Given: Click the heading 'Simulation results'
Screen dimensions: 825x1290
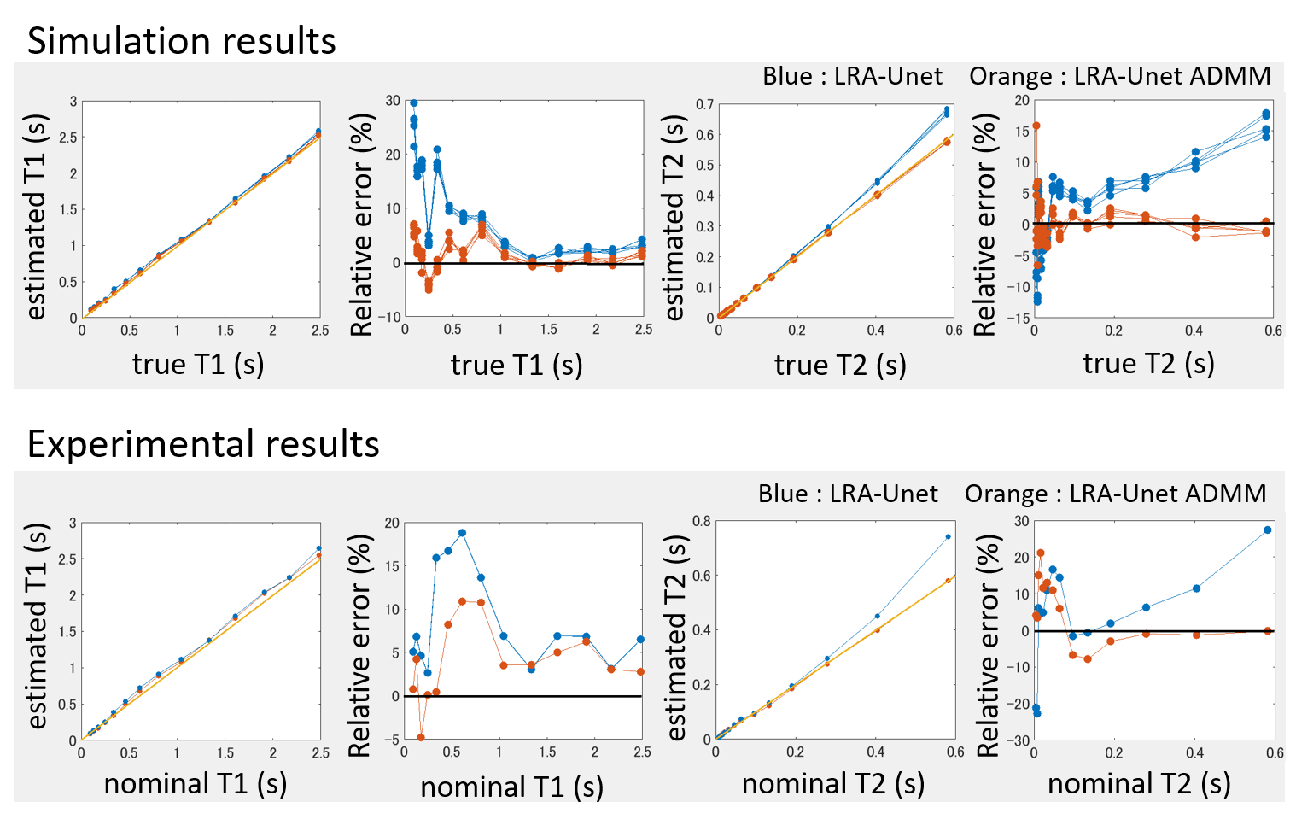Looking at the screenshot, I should click(182, 41).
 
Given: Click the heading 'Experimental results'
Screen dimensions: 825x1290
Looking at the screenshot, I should click(203, 444).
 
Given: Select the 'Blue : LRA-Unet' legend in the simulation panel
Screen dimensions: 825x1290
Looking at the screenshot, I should click(852, 76).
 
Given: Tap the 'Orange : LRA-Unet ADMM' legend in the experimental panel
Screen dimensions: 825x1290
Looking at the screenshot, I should click(1115, 494).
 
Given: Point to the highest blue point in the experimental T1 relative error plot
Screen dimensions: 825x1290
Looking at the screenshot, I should click(462, 533).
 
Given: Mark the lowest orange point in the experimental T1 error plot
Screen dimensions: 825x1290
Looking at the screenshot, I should click(421, 737).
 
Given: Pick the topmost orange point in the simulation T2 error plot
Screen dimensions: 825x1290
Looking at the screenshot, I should click(1036, 126).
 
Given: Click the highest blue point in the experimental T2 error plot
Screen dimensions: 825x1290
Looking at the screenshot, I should click(1268, 530).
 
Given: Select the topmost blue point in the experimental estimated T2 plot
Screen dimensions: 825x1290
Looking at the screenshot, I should click(948, 537).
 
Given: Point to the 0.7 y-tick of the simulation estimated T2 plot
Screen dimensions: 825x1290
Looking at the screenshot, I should click(704, 104).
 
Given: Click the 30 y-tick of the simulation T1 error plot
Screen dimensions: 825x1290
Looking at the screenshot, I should click(393, 101).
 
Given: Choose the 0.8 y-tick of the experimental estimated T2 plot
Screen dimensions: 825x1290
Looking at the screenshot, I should click(701, 521).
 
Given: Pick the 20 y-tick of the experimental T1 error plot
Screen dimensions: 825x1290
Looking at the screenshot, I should click(392, 523).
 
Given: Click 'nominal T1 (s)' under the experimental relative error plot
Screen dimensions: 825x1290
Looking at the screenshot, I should click(511, 787).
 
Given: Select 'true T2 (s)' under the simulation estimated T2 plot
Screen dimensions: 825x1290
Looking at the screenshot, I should click(840, 365).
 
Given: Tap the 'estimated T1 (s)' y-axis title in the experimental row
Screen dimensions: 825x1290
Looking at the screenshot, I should click(36, 625).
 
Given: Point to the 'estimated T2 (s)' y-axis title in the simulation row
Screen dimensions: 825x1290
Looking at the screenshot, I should click(674, 219).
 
